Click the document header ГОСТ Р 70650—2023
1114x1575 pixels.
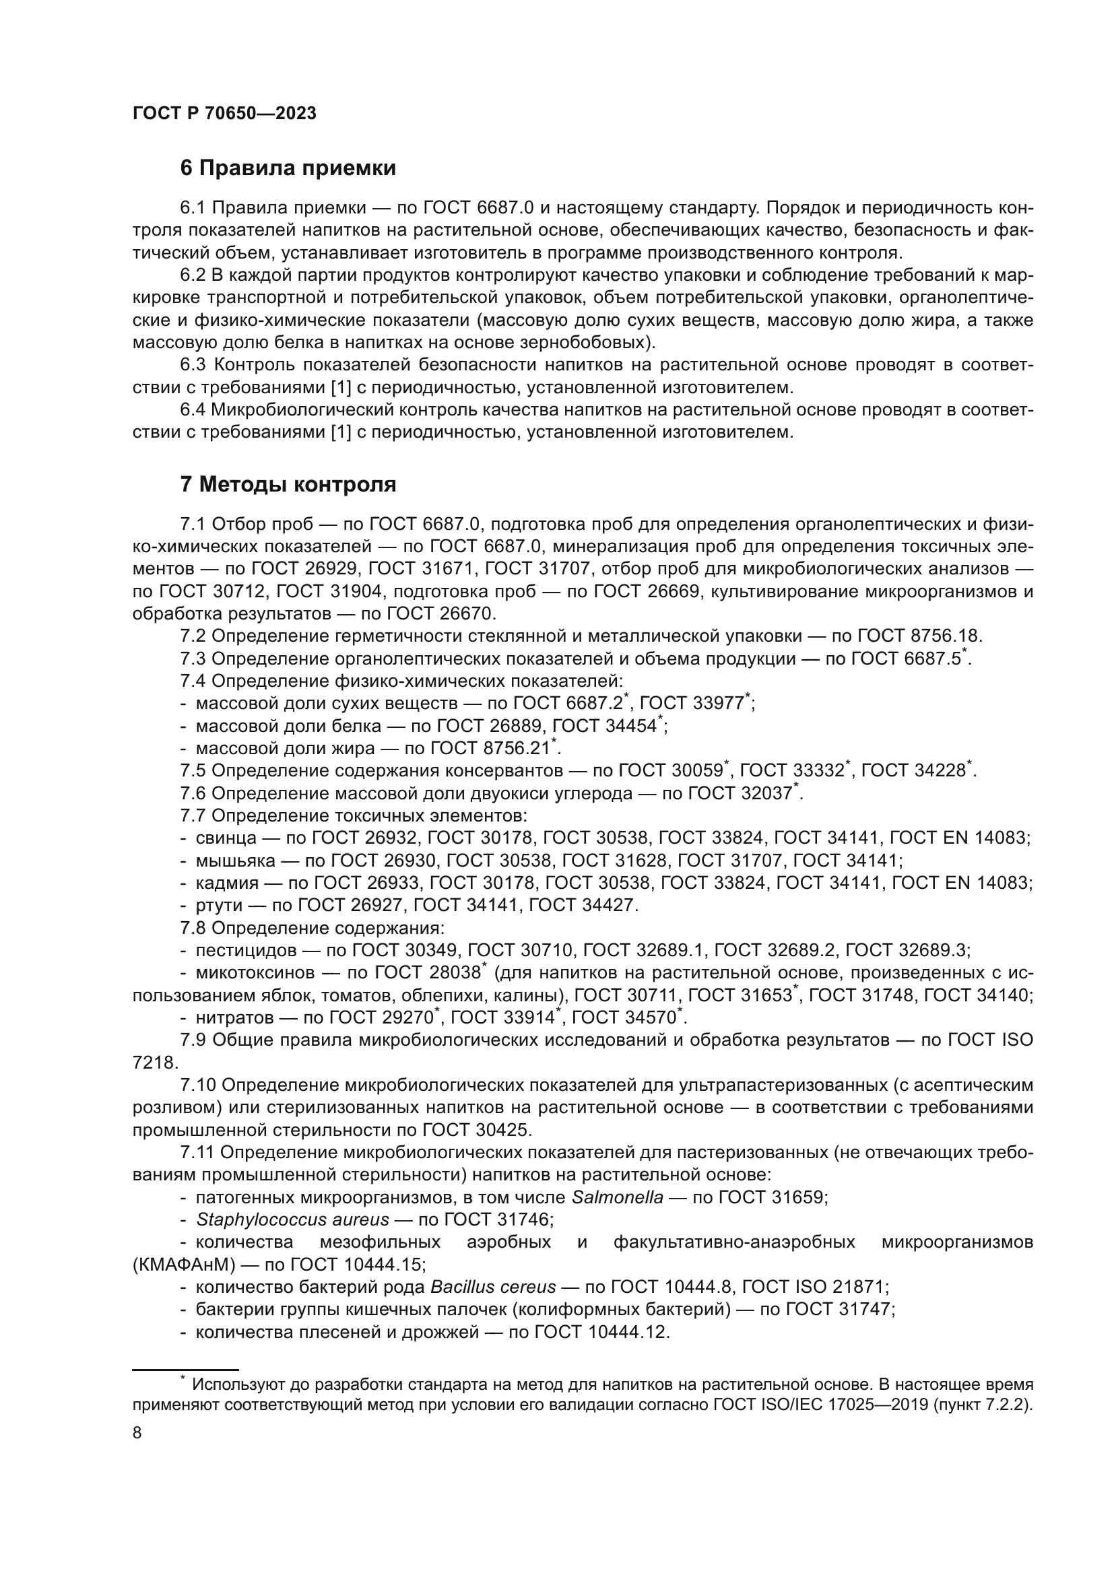pyautogui.click(x=224, y=114)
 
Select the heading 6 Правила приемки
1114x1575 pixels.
pyautogui.click(x=288, y=168)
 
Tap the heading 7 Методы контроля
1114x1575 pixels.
pyautogui.click(x=288, y=485)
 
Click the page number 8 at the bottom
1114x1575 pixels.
pyautogui.click(x=137, y=1433)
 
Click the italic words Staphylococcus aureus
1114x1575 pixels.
pyautogui.click(x=292, y=1219)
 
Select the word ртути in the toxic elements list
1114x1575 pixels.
pyautogui.click(x=220, y=906)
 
